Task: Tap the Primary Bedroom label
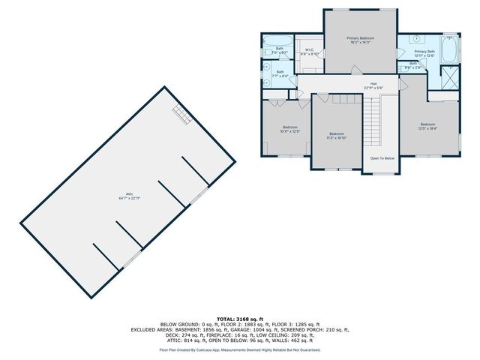tap(360, 40)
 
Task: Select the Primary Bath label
tap(424, 53)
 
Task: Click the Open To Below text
tap(382, 158)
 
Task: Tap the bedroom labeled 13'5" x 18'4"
tap(427, 126)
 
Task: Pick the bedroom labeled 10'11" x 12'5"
tap(289, 129)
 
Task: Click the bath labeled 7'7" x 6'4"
tap(278, 74)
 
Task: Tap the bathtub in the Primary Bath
tap(450, 50)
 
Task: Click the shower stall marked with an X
tap(449, 76)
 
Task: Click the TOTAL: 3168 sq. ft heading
tap(240, 319)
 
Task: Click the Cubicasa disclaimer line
tap(240, 349)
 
